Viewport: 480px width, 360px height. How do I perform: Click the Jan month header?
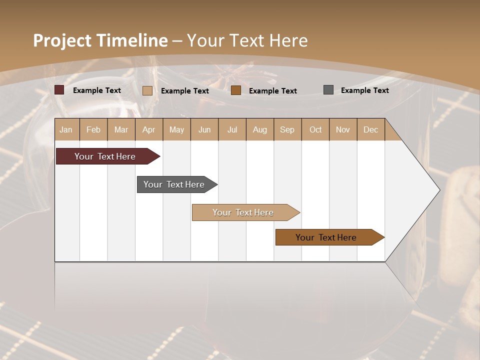pos(66,129)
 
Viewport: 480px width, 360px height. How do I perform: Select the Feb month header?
pos(93,129)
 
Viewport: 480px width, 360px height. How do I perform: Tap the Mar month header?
pos(121,129)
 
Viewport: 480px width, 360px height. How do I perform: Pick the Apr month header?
pos(149,129)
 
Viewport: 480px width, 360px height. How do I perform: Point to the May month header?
pos(176,129)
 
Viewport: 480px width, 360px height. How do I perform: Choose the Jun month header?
pos(204,129)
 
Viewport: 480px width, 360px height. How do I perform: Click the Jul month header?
pos(232,129)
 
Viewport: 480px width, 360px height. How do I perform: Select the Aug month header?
pos(260,129)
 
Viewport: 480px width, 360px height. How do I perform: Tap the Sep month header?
pos(287,129)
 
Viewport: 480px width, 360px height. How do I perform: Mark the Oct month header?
pos(315,129)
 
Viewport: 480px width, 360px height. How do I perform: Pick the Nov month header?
pos(343,129)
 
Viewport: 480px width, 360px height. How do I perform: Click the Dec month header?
pos(370,129)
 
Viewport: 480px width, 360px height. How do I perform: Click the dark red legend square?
pos(59,90)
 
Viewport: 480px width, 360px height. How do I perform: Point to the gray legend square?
pos(328,90)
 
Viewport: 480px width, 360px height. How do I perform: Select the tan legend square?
pos(147,90)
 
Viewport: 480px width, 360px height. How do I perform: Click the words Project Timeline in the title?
pos(100,40)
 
